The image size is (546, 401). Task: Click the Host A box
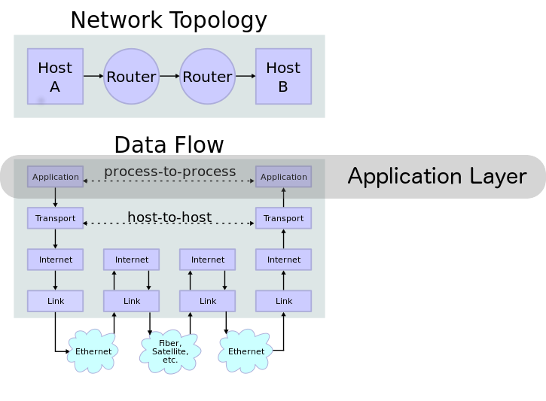[x=55, y=77]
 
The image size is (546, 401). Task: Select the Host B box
[x=283, y=77]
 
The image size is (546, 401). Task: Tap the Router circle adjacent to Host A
[x=131, y=77]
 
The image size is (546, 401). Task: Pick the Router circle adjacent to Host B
[x=207, y=77]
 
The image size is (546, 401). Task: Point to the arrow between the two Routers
[x=169, y=77]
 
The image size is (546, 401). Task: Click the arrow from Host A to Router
[x=93, y=77]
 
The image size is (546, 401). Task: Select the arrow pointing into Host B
[x=246, y=77]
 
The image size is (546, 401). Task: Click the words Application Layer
[x=437, y=177]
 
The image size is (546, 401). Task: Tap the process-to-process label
[x=169, y=172]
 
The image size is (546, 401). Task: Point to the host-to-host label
[x=169, y=217]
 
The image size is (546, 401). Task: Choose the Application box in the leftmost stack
[x=55, y=177]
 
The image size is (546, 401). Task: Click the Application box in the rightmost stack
[x=283, y=177]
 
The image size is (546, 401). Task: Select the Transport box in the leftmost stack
[x=55, y=218]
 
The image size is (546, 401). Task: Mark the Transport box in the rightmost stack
[x=283, y=218]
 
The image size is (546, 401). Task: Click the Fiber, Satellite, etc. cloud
[x=170, y=351]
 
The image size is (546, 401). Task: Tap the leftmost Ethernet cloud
[x=93, y=351]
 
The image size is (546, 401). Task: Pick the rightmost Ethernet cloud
[x=246, y=351]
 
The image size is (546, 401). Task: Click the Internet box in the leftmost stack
[x=55, y=260]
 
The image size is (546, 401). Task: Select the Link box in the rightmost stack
[x=283, y=301]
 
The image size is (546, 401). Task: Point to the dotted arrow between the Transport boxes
[x=169, y=224]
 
